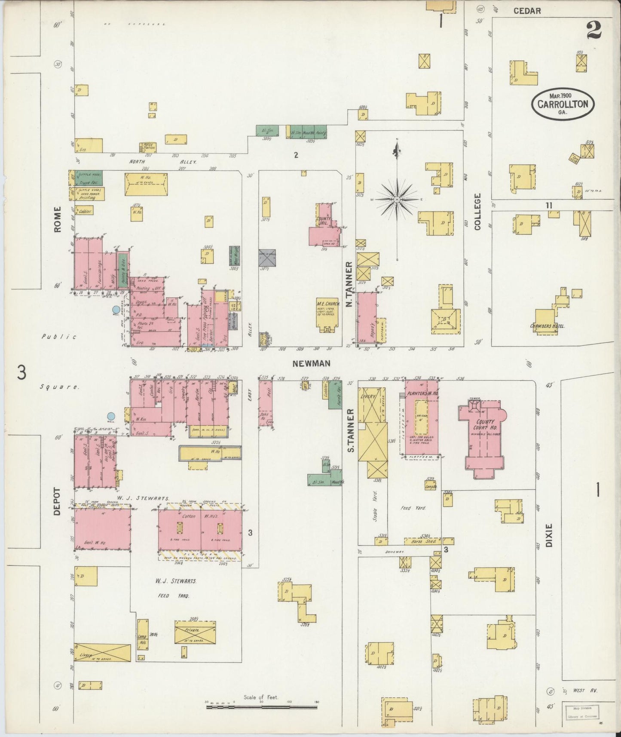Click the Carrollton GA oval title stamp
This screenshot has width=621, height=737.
(563, 104)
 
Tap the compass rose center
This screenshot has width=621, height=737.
(397, 200)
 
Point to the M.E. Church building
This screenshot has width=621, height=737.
(328, 313)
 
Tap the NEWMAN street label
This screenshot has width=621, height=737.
(311, 363)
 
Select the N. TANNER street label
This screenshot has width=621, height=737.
(349, 284)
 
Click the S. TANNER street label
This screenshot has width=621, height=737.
(351, 430)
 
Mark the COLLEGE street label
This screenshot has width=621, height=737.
(477, 211)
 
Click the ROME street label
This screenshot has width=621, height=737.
(58, 219)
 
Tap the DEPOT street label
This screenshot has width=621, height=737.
(58, 501)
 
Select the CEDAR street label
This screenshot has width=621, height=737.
(527, 11)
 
